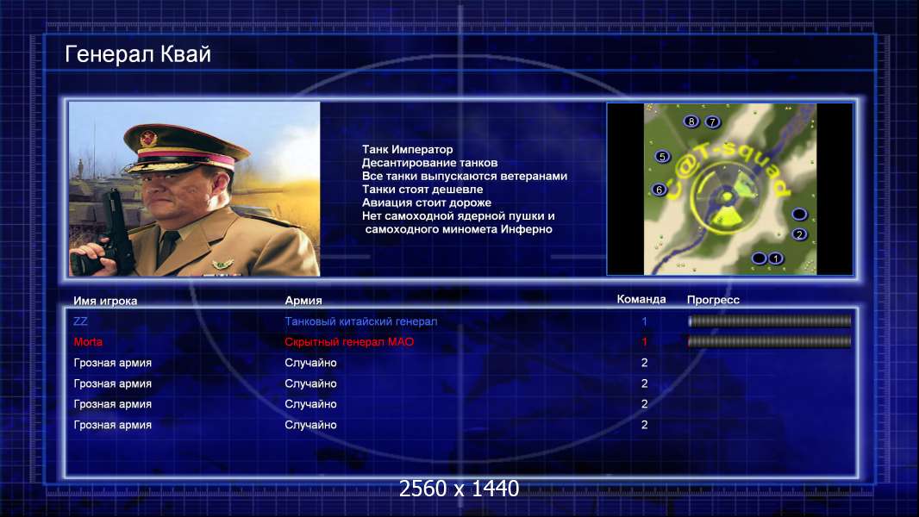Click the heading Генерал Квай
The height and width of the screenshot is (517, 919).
click(x=138, y=54)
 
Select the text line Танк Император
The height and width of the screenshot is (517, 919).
click(x=407, y=149)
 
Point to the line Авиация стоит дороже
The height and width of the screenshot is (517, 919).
click(x=427, y=202)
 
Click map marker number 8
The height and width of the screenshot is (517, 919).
click(x=691, y=121)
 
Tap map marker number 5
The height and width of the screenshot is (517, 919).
click(x=662, y=156)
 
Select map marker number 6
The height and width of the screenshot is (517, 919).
click(x=660, y=190)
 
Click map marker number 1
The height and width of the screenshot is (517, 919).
click(x=775, y=258)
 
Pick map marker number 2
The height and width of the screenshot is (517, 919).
click(x=799, y=234)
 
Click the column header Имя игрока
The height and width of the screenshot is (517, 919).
click(x=105, y=301)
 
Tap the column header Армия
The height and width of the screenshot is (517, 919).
click(x=303, y=301)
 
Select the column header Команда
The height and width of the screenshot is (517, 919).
click(x=641, y=299)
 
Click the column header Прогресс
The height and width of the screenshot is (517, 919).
click(x=713, y=300)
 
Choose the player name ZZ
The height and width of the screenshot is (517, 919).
click(x=80, y=321)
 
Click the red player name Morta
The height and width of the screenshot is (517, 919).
click(x=88, y=342)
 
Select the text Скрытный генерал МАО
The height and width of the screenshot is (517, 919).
click(x=349, y=342)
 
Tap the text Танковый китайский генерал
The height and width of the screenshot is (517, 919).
click(x=361, y=321)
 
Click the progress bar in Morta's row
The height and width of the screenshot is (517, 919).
click(x=770, y=341)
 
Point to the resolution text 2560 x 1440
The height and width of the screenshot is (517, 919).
click(x=459, y=489)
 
